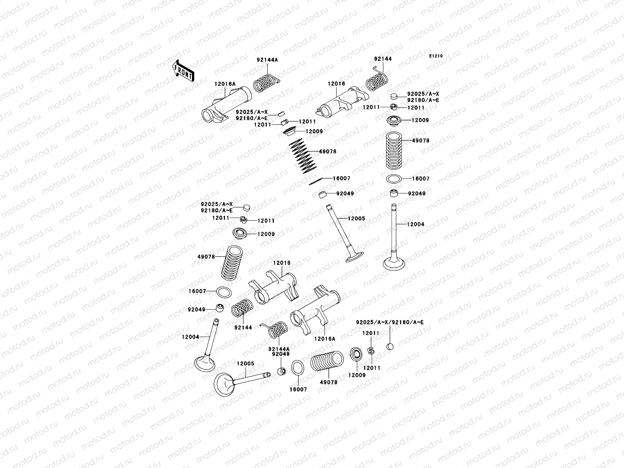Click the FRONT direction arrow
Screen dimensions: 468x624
pyautogui.click(x=183, y=71)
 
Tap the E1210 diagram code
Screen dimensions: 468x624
pyautogui.click(x=436, y=56)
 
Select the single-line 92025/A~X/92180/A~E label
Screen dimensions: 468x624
pyautogui.click(x=390, y=322)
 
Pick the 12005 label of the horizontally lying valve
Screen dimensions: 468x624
pyautogui.click(x=245, y=363)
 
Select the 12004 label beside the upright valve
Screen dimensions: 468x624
pyautogui.click(x=415, y=224)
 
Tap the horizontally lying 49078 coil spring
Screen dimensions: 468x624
pyautogui.click(x=327, y=362)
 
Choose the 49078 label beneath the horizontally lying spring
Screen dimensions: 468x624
pyautogui.click(x=328, y=383)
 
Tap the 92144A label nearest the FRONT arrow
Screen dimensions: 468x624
pyautogui.click(x=267, y=60)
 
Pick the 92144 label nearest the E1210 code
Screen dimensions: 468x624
pyautogui.click(x=383, y=59)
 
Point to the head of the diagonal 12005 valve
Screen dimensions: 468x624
pyautogui.click(x=354, y=257)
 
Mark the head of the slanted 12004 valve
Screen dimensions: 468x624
pyautogui.click(x=204, y=363)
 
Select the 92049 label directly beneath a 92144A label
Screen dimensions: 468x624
pyautogui.click(x=281, y=354)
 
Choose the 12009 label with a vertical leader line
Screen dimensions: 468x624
pyautogui.click(x=356, y=375)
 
